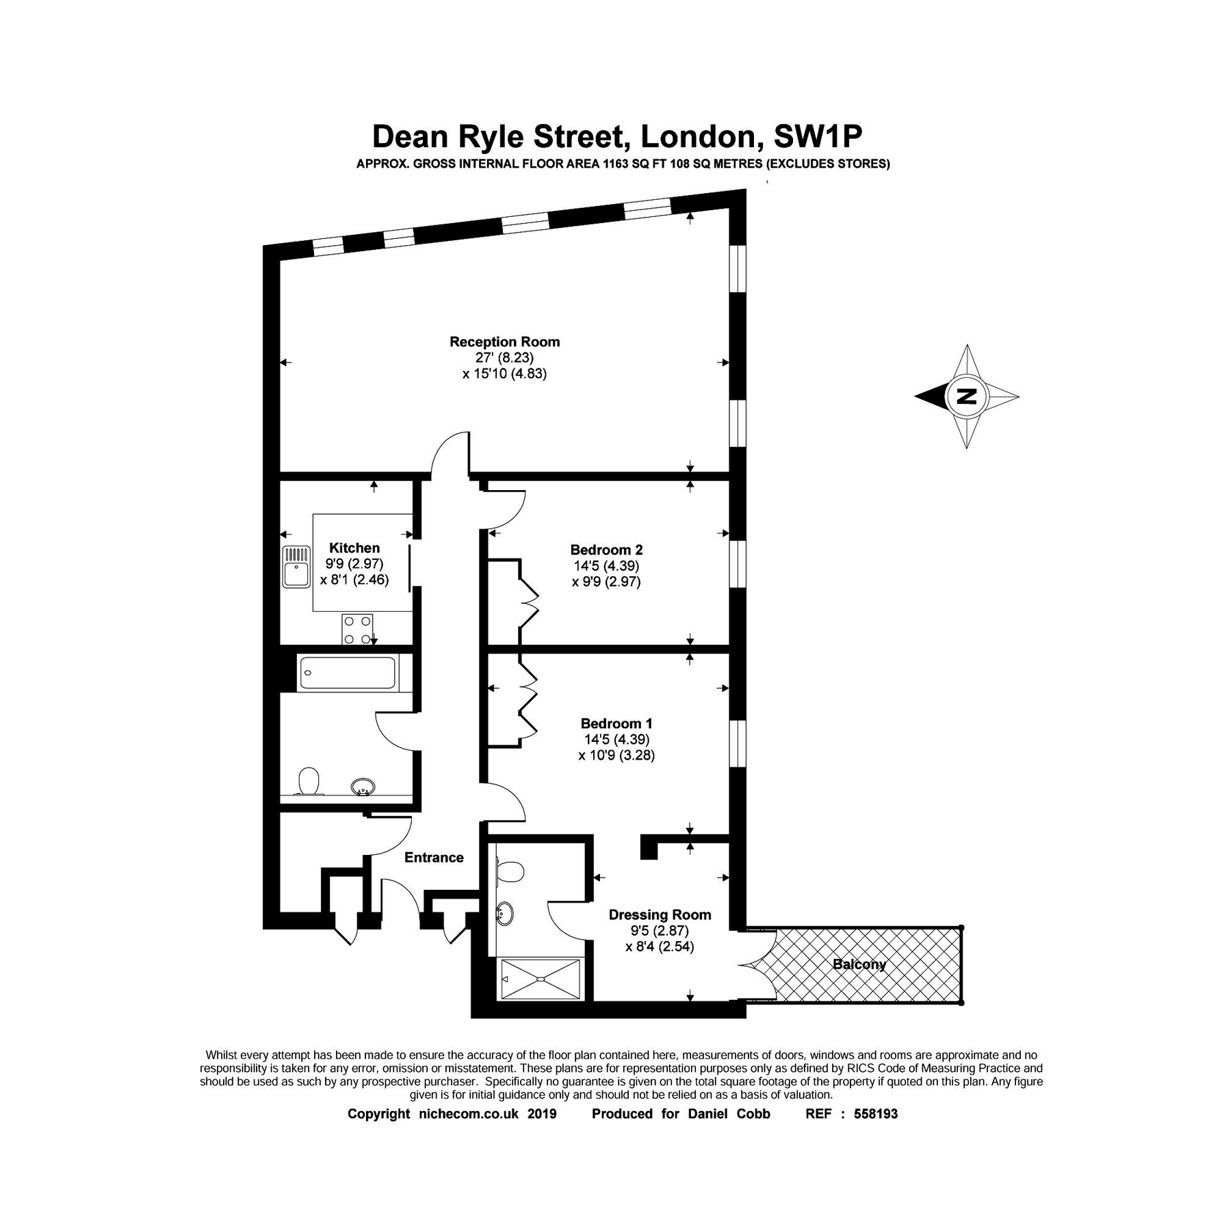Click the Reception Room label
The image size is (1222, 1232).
pos(504,342)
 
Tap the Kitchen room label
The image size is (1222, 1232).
pos(354,548)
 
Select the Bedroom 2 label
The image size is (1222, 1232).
pos(606,550)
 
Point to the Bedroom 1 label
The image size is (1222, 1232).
pos(616,723)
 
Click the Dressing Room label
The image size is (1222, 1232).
pos(660,915)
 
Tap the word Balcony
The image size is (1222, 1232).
pos(859,964)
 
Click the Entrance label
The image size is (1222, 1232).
pos(434,858)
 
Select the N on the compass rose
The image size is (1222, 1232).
pos(966,396)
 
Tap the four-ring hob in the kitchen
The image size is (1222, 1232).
pos(358,630)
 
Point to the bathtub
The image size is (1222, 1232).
pos(348,673)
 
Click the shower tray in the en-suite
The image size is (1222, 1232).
pos(541,979)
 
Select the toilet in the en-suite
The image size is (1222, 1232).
pos(510,872)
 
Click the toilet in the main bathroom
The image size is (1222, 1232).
pos(309,781)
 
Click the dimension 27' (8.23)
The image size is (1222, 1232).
pos(504,358)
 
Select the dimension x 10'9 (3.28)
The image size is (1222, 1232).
pos(616,756)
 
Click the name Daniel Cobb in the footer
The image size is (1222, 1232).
pos(729,1114)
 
